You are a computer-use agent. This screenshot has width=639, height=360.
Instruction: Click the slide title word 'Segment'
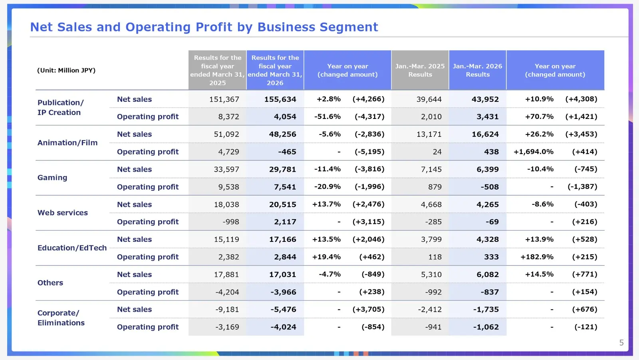(x=349, y=28)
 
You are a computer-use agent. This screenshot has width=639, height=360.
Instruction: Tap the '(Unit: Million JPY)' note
(x=66, y=70)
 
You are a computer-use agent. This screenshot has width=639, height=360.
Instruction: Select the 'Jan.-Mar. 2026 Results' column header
(x=477, y=70)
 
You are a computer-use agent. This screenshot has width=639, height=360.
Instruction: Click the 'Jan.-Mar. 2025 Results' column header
(x=420, y=70)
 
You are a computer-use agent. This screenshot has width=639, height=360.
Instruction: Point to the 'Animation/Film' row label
(x=67, y=142)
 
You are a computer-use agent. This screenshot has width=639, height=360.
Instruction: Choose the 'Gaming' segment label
(x=52, y=178)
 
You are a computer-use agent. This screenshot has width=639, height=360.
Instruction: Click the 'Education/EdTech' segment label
(x=72, y=248)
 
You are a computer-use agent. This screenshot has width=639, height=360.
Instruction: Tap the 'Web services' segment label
(x=62, y=213)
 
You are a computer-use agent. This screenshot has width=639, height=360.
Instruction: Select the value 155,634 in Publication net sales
(x=280, y=99)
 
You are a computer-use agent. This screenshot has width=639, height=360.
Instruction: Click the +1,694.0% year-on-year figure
(x=534, y=152)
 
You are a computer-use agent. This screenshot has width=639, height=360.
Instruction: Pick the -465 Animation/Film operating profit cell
(x=287, y=152)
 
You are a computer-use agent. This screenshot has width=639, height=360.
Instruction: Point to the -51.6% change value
(x=327, y=117)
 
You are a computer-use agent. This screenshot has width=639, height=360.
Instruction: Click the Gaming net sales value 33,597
(x=226, y=169)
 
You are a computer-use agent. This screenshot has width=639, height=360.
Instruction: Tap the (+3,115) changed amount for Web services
(x=368, y=222)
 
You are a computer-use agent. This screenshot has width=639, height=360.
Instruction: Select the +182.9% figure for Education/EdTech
(x=537, y=257)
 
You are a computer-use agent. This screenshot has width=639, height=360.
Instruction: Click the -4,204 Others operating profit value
(x=227, y=292)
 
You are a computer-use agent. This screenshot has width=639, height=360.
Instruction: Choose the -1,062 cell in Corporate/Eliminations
(x=486, y=327)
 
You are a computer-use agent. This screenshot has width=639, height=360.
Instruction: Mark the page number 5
(x=621, y=342)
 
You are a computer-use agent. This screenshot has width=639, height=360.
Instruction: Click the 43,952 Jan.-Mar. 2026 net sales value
(x=485, y=99)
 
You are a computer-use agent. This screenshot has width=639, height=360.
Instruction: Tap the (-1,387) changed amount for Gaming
(x=582, y=187)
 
